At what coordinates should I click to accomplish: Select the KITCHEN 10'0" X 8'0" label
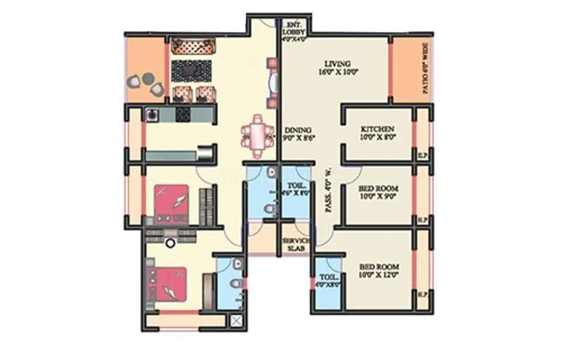(x=377, y=134)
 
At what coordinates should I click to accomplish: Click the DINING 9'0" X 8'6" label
(x=299, y=134)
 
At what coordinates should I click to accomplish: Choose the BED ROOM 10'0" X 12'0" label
(x=379, y=271)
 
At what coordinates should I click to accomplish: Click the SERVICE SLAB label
(x=295, y=245)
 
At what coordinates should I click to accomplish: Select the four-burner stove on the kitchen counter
(x=183, y=113)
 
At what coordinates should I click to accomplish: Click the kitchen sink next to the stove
(x=152, y=113)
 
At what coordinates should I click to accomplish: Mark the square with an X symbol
(x=237, y=321)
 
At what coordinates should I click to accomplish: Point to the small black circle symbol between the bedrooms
(x=169, y=243)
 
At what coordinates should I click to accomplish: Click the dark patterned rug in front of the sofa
(x=191, y=70)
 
